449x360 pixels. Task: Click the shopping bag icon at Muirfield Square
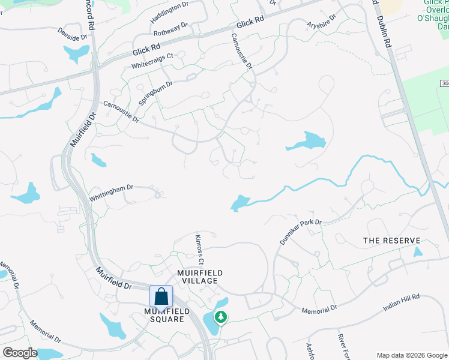[161, 296]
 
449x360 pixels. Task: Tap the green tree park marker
[221, 316]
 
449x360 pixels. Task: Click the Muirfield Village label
[200, 277]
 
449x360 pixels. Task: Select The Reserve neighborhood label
[392, 241]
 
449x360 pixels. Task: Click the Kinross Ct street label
[200, 250]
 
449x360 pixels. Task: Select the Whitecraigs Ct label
[152, 60]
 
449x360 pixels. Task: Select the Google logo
[20, 353]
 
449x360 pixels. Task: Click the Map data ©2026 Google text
[411, 355]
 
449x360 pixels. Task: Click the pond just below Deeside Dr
[77, 54]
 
